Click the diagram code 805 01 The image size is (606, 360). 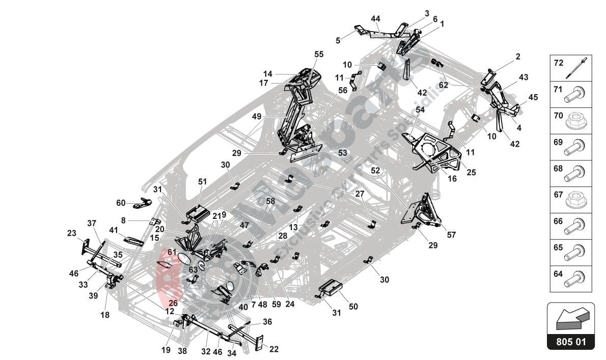tap(570, 342)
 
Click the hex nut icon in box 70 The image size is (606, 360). tap(575, 121)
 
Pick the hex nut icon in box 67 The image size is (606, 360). tap(575, 201)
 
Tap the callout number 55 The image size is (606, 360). tap(319, 54)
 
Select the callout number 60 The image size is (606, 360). tap(121, 203)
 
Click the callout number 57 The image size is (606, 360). tap(451, 235)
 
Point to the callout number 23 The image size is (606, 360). tap(71, 233)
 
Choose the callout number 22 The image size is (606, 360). tap(274, 349)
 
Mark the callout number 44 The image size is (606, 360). tap(375, 19)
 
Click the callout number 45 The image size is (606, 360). tap(533, 97)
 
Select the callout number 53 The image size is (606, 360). tap(342, 152)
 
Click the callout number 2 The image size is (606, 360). tap(518, 57)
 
